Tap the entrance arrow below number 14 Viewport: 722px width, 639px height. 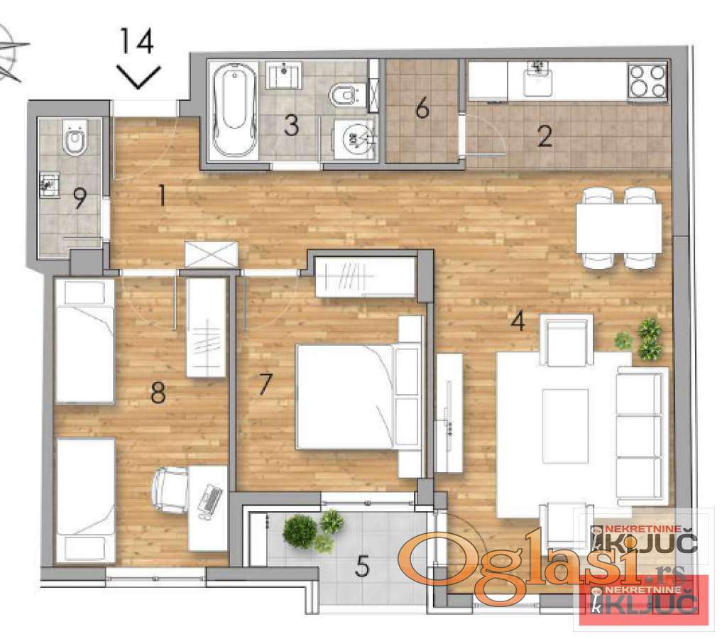(138, 77)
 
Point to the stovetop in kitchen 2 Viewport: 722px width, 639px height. (647, 80)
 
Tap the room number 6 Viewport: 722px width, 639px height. (422, 109)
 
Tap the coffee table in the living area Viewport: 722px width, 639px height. (565, 426)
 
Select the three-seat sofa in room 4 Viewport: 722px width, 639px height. (642, 435)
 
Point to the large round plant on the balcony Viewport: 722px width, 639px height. (300, 531)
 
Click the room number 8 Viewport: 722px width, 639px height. (158, 393)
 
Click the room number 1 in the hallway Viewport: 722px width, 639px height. (161, 196)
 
